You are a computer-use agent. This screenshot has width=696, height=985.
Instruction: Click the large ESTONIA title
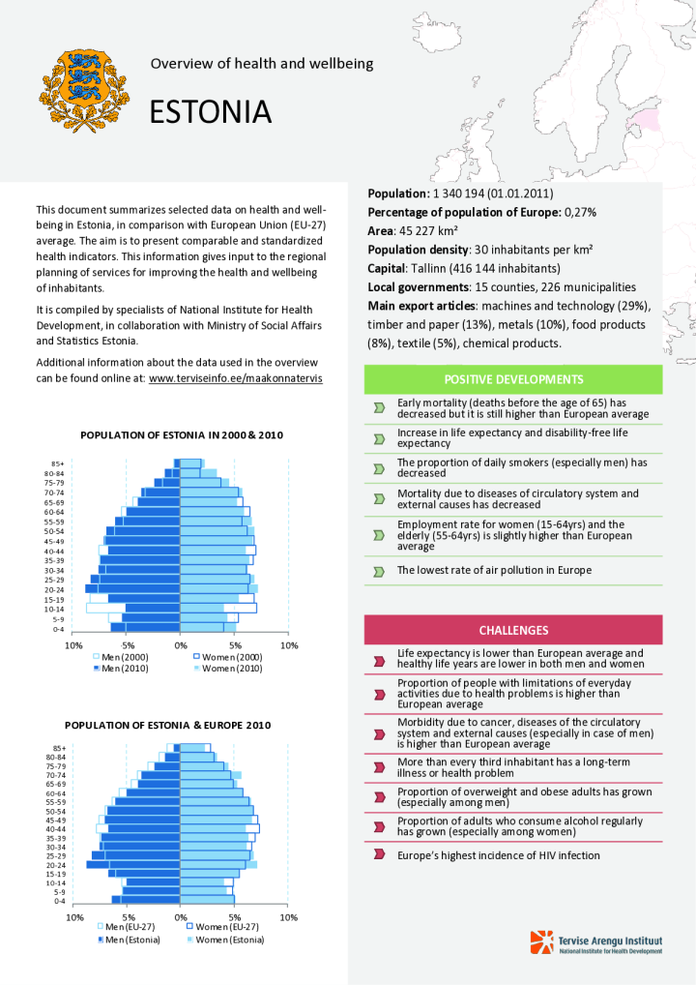coord(210,112)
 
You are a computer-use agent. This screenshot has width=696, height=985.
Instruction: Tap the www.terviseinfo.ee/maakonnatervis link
coord(235,378)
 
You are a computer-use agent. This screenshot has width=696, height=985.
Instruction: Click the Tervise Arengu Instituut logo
coord(596,942)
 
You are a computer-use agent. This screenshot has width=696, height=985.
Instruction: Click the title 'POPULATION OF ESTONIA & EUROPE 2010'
coord(168,725)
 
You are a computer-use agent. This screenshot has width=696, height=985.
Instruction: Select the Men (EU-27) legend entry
coord(123,928)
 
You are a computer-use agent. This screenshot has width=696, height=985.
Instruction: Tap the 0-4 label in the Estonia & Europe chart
coord(60,901)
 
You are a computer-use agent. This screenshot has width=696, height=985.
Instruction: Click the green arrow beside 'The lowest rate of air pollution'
coord(378,571)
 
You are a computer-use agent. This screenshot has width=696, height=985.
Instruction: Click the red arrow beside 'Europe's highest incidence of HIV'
coord(378,855)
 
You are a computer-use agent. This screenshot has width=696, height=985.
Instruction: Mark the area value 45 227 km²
coord(428,231)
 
